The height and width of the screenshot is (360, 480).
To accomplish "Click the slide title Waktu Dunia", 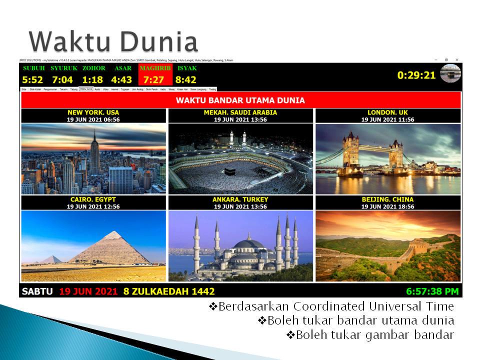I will click(x=113, y=41).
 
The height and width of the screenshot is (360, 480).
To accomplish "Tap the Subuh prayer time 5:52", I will click(x=33, y=79).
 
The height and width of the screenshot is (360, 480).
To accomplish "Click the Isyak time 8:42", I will click(x=186, y=79).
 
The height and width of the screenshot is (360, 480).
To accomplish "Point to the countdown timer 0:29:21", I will click(x=416, y=75).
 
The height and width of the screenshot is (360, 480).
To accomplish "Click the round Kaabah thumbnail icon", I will click(x=450, y=73).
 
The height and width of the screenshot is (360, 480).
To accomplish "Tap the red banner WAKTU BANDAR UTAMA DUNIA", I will click(x=240, y=100).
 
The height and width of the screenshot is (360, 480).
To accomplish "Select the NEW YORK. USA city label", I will click(x=93, y=112).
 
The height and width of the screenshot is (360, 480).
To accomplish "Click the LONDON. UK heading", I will click(x=387, y=112).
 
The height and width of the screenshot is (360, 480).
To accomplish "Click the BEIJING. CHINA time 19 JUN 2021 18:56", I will click(x=387, y=206).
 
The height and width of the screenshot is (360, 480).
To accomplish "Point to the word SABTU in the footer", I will click(x=37, y=291).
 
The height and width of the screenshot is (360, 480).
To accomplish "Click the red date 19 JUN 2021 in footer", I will click(x=88, y=291).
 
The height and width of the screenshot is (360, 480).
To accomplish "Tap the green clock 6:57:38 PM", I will click(x=432, y=291).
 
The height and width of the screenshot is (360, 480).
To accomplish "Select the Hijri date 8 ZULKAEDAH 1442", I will click(x=168, y=291).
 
